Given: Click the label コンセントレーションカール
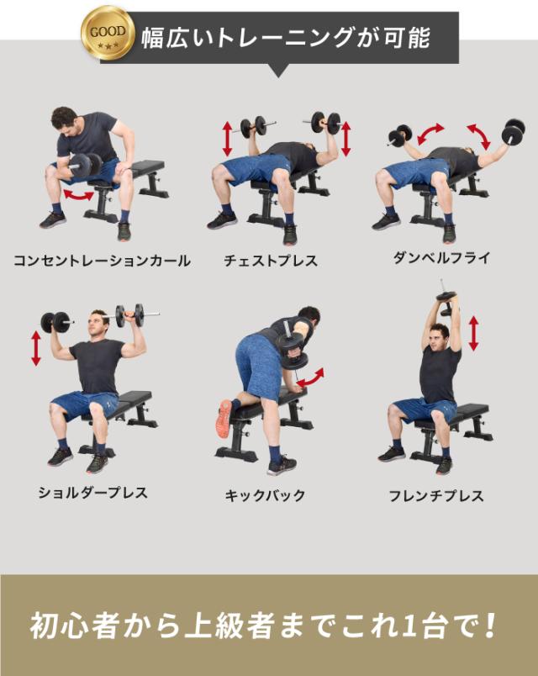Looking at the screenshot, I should (x=102, y=261).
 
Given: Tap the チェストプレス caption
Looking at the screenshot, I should (x=271, y=261).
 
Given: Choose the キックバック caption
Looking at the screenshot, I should (x=265, y=495).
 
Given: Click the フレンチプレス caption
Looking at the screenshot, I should (x=436, y=495).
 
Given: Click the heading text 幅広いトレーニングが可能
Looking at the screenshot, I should (x=285, y=38).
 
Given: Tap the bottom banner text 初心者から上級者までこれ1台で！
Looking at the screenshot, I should (x=265, y=626).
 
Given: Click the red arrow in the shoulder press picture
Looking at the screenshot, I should (x=35, y=347).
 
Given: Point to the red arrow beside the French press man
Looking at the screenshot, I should (x=473, y=334).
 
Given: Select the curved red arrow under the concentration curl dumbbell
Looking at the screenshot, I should (x=80, y=195).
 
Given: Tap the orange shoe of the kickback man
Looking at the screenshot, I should (x=224, y=418).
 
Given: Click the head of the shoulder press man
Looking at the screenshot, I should (x=99, y=323).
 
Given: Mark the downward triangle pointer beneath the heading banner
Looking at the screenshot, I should (x=278, y=71).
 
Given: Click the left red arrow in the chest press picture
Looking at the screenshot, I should (x=227, y=138).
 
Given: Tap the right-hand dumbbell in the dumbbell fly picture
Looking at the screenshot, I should (x=514, y=131).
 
